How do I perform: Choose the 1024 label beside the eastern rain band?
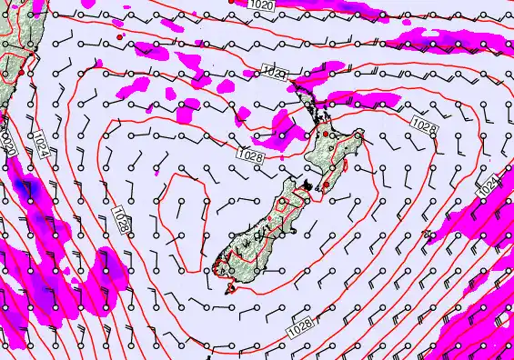pyautogui.click(x=488, y=185)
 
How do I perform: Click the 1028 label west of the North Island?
pyautogui.click(x=254, y=156)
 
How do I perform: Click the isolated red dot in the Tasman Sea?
pyautogui.click(x=120, y=36)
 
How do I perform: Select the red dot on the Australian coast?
pyautogui.click(x=33, y=55)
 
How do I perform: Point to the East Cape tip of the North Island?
pyautogui.click(x=361, y=135)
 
